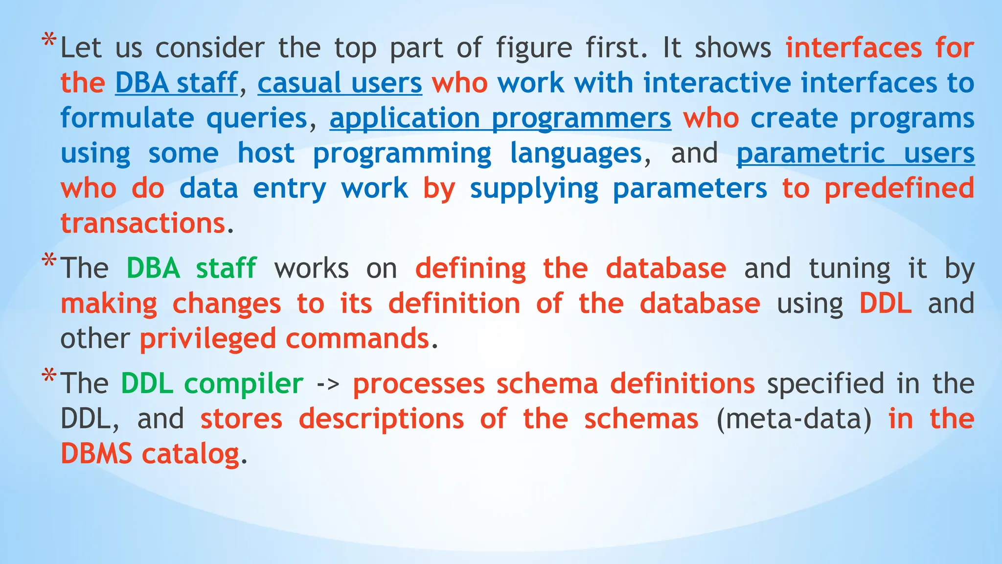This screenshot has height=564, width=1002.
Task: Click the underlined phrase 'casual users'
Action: click(x=340, y=83)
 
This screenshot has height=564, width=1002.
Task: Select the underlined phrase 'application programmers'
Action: click(x=500, y=118)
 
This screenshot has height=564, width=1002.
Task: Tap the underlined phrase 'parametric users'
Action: click(x=855, y=153)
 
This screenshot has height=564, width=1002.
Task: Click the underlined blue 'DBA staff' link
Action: click(x=176, y=83)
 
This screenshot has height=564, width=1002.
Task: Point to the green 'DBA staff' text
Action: click(x=191, y=268)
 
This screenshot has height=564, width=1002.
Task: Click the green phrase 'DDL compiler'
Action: click(x=212, y=383)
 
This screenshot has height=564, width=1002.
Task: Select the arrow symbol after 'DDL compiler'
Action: click(x=328, y=384)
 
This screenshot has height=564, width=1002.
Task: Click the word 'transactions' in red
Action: click(x=143, y=224)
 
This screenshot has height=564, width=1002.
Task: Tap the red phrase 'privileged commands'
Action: click(x=284, y=339)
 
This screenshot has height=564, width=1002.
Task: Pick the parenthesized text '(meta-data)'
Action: click(x=794, y=419)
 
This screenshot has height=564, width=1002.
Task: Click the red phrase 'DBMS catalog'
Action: click(x=150, y=454)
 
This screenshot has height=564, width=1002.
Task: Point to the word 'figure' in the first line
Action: click(x=534, y=48)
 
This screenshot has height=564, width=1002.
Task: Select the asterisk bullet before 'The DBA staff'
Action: click(x=48, y=261)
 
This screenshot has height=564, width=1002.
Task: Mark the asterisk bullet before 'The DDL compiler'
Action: click(x=48, y=376)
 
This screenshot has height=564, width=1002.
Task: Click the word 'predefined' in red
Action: click(x=899, y=188)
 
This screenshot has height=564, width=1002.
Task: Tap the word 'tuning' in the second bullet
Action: click(x=849, y=269)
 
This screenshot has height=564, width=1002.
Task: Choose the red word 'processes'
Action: click(x=419, y=384)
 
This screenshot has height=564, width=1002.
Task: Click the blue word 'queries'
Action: click(x=257, y=118)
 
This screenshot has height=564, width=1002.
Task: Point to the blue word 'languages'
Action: click(x=575, y=154)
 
